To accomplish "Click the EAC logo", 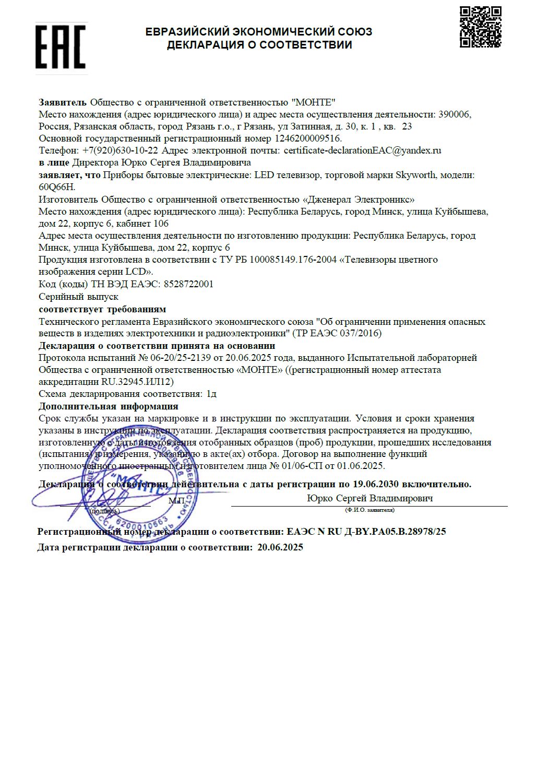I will [x=61, y=47].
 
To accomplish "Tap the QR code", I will [x=480, y=27].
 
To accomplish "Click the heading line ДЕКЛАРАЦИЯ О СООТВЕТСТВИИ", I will [x=259, y=45].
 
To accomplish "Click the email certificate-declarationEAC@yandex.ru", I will [x=362, y=150].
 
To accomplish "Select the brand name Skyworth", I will [x=415, y=175].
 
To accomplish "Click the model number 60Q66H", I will [x=57, y=187].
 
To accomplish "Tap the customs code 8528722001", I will [x=188, y=284].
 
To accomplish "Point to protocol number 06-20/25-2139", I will [x=181, y=358].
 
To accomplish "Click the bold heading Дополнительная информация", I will [x=108, y=406].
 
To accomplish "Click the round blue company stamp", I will [x=141, y=483].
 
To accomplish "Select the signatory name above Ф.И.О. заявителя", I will [x=370, y=498].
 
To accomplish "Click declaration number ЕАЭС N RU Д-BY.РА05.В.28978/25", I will [x=366, y=532].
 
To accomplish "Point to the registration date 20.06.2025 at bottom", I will [x=280, y=547].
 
